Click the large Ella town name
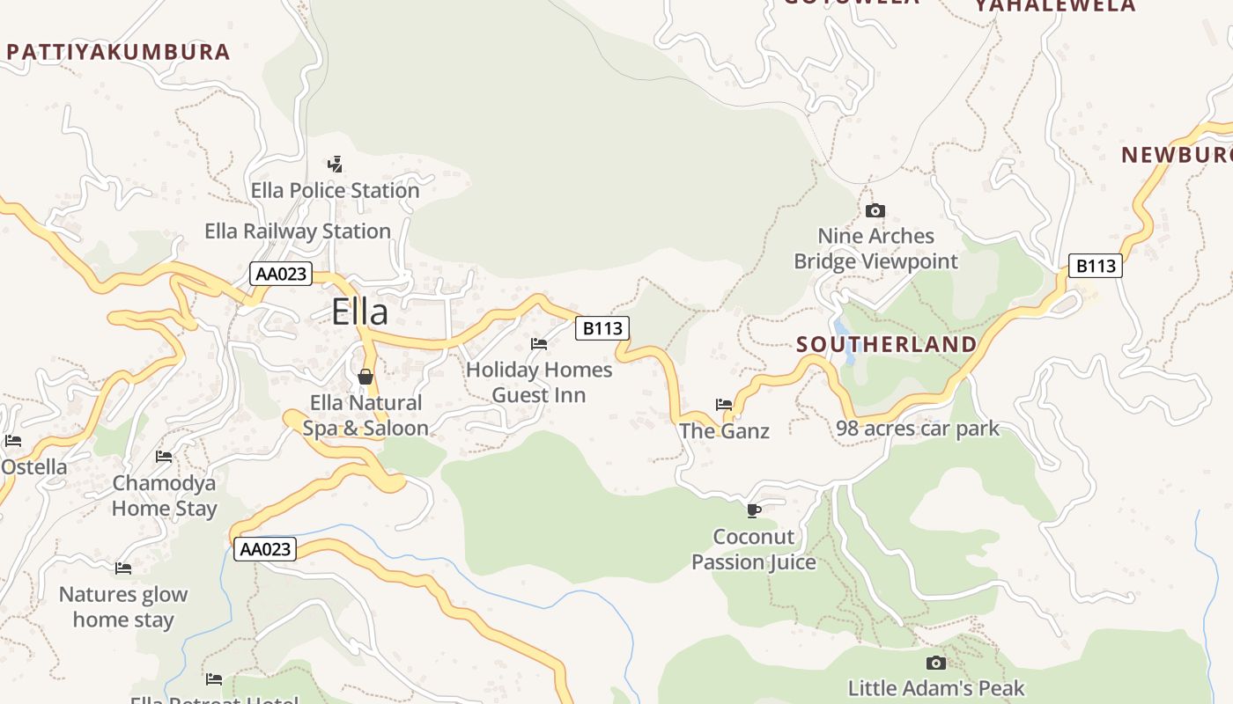[x=359, y=312]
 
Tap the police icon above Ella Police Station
[x=335, y=164]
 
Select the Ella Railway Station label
[x=298, y=231]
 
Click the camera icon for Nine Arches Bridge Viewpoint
[x=875, y=210]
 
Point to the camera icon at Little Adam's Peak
[x=936, y=663]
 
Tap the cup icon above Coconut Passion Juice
[x=753, y=510]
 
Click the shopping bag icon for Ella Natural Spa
[x=365, y=377]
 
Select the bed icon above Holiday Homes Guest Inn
[x=539, y=344]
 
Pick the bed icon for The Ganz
[x=724, y=405]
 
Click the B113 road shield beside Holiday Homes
[x=602, y=328]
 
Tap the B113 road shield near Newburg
[x=1096, y=266]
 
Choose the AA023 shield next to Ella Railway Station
[x=281, y=274]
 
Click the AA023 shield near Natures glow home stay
[x=265, y=549]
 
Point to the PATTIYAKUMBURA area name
[x=118, y=52]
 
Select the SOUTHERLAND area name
[x=887, y=345]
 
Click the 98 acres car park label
[x=918, y=429]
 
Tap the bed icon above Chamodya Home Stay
[x=164, y=457]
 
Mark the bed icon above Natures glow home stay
[x=123, y=568]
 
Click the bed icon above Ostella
[x=12, y=441]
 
